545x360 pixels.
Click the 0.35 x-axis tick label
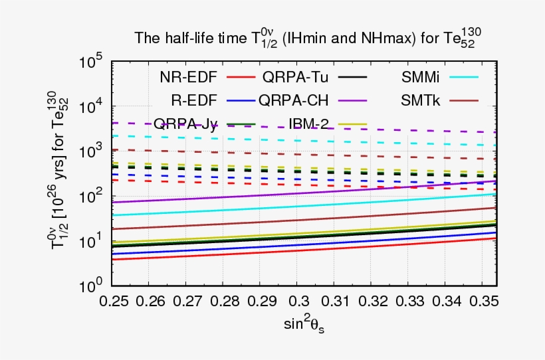485,301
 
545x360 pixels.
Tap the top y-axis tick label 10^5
90,62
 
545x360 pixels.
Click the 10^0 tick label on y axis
90,286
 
